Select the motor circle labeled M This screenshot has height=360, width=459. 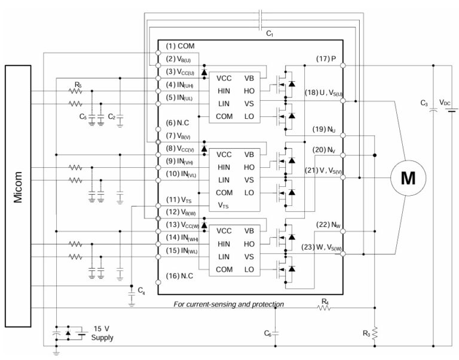pos(408,178)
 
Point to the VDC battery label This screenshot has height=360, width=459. pos(445,102)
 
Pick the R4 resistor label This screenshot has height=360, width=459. pos(325,301)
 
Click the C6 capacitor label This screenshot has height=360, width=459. pos(268,333)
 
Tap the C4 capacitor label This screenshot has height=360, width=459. pos(141,290)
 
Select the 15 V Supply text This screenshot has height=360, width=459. pos(102,333)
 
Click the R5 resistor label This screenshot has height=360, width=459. pos(78,84)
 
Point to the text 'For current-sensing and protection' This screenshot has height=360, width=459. pos(228,304)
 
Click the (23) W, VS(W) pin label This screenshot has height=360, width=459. pos(321,247)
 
